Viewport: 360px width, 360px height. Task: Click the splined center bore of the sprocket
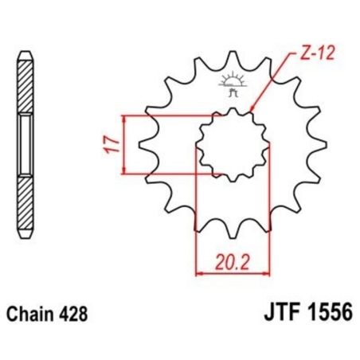click(230, 144)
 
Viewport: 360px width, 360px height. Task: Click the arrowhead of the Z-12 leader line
click(252, 110)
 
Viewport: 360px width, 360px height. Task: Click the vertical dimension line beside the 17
click(125, 144)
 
